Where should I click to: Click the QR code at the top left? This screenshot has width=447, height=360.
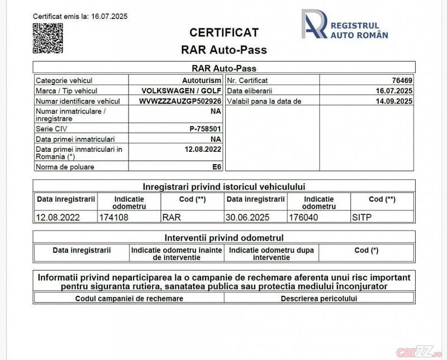(47, 39)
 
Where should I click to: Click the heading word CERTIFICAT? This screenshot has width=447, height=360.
(223, 32)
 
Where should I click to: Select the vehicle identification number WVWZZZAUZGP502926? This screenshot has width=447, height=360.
(180, 101)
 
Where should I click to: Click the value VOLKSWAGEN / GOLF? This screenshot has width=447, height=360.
(182, 91)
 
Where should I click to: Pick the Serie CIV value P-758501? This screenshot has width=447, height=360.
(206, 129)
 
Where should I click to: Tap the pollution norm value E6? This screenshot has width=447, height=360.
(216, 167)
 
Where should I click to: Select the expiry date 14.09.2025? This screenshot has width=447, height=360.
(394, 101)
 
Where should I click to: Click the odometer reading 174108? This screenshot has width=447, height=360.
(113, 217)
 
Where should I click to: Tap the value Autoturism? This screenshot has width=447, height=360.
(202, 81)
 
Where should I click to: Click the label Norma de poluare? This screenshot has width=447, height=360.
(65, 167)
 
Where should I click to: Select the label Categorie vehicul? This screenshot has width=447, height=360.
(64, 81)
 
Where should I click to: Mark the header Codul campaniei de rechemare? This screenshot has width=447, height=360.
(129, 298)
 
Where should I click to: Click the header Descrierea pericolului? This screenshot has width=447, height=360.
(318, 298)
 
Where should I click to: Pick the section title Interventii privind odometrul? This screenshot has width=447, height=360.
(223, 237)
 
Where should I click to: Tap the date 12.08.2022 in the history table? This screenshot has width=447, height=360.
(58, 217)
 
